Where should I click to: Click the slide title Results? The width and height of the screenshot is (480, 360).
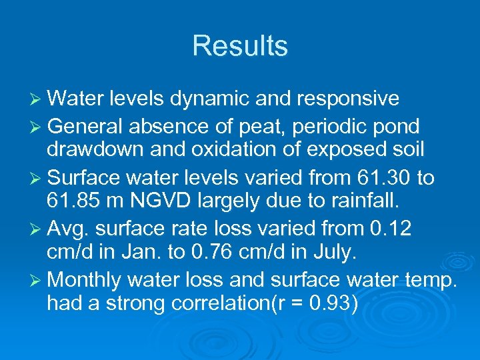coord(240,46)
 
